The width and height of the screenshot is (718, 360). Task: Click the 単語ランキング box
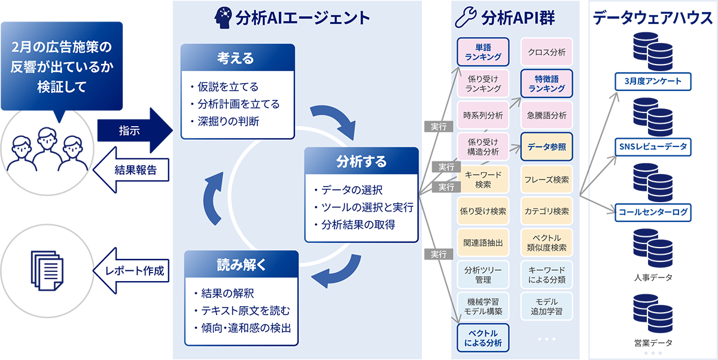tap(483, 52)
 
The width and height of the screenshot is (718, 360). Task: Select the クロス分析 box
tap(546, 52)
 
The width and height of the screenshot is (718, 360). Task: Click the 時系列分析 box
tap(483, 115)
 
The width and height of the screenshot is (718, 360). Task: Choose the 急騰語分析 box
tap(546, 115)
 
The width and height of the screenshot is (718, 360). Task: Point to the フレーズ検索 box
tap(546, 179)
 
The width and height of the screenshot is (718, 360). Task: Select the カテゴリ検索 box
tap(546, 211)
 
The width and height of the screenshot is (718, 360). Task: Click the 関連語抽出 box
tap(483, 243)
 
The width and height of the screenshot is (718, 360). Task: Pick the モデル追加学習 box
tap(546, 306)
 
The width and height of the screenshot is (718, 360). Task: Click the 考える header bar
tap(238, 58)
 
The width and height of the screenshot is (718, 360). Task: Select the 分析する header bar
tap(361, 161)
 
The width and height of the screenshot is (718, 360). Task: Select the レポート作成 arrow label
tap(135, 270)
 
